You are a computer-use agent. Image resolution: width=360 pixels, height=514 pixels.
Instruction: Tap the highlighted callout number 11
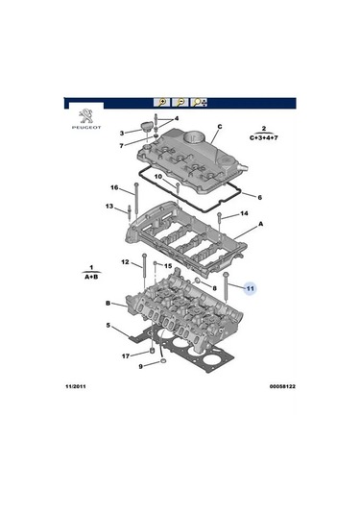pos(249,287)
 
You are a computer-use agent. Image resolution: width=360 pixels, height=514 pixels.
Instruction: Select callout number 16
pos(113,187)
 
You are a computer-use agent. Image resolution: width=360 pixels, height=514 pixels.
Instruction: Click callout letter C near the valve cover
pos(219,126)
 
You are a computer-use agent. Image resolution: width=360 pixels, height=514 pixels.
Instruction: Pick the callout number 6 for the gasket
pos(259,196)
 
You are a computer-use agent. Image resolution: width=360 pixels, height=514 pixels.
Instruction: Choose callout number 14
pos(244,213)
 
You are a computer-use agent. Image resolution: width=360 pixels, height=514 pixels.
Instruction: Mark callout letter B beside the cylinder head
pos(108,303)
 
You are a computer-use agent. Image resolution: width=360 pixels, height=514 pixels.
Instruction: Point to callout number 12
pos(124,261)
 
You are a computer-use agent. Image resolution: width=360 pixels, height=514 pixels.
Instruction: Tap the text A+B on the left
pos(89,275)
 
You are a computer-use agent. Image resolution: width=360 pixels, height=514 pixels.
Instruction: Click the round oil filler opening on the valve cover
pos(196,135)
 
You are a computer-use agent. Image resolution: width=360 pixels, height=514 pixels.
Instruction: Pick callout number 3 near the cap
pos(122,133)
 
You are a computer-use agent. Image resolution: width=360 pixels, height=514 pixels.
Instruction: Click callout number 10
pos(158,177)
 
